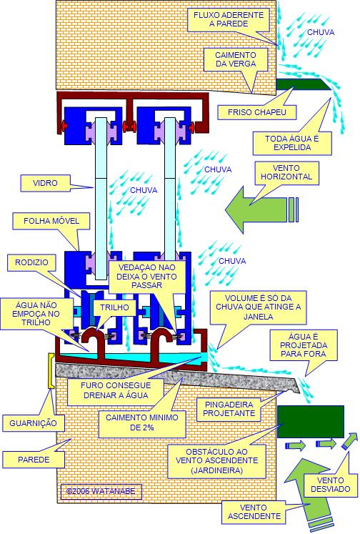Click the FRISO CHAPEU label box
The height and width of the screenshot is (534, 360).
[x=257, y=112]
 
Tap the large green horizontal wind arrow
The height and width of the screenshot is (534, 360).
[x=261, y=209]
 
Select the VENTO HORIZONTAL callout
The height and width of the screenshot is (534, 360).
[x=286, y=173]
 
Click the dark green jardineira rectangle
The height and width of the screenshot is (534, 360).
[x=311, y=422]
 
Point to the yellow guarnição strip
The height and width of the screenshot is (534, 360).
[x=51, y=371]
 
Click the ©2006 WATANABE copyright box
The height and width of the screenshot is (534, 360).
[x=101, y=491]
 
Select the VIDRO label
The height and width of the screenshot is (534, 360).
[x=45, y=183]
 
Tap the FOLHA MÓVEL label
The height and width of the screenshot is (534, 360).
[x=51, y=221]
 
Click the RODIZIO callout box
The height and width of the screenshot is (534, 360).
[x=31, y=262]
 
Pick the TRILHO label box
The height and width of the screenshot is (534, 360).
[x=114, y=307]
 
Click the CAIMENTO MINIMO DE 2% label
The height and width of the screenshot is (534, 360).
[x=142, y=422]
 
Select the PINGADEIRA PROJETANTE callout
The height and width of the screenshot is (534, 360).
[x=230, y=409]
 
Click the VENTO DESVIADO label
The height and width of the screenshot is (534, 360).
[x=331, y=485]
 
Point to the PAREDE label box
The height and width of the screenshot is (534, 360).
[x=34, y=460]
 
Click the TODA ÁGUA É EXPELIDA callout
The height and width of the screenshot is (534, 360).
[x=292, y=143]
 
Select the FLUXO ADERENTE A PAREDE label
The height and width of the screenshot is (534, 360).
[x=229, y=19]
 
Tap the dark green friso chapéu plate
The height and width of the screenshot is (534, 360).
[x=303, y=84]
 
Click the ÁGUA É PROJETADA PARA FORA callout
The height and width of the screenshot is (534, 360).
[x=303, y=345]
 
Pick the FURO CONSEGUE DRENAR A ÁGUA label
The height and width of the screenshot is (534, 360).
[x=116, y=390]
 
